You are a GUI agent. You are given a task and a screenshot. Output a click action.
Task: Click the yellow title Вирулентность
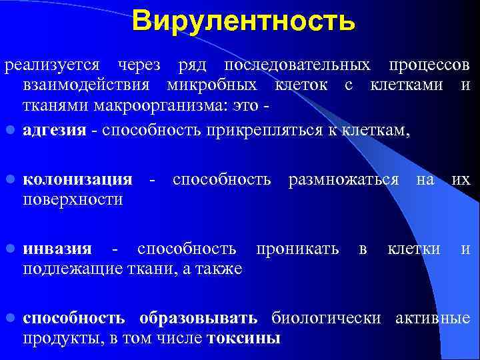pos(243,21)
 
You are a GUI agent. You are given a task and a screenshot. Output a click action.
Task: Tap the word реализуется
pos(52,67)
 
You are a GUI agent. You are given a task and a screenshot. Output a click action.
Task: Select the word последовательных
pos(297,67)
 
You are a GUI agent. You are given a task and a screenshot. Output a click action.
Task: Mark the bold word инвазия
pos(57,249)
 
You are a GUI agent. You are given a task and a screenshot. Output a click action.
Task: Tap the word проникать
pos(296,249)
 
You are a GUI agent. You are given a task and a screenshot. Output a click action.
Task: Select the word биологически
pos(326,318)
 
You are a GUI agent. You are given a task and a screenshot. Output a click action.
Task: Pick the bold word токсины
pos(244,338)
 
